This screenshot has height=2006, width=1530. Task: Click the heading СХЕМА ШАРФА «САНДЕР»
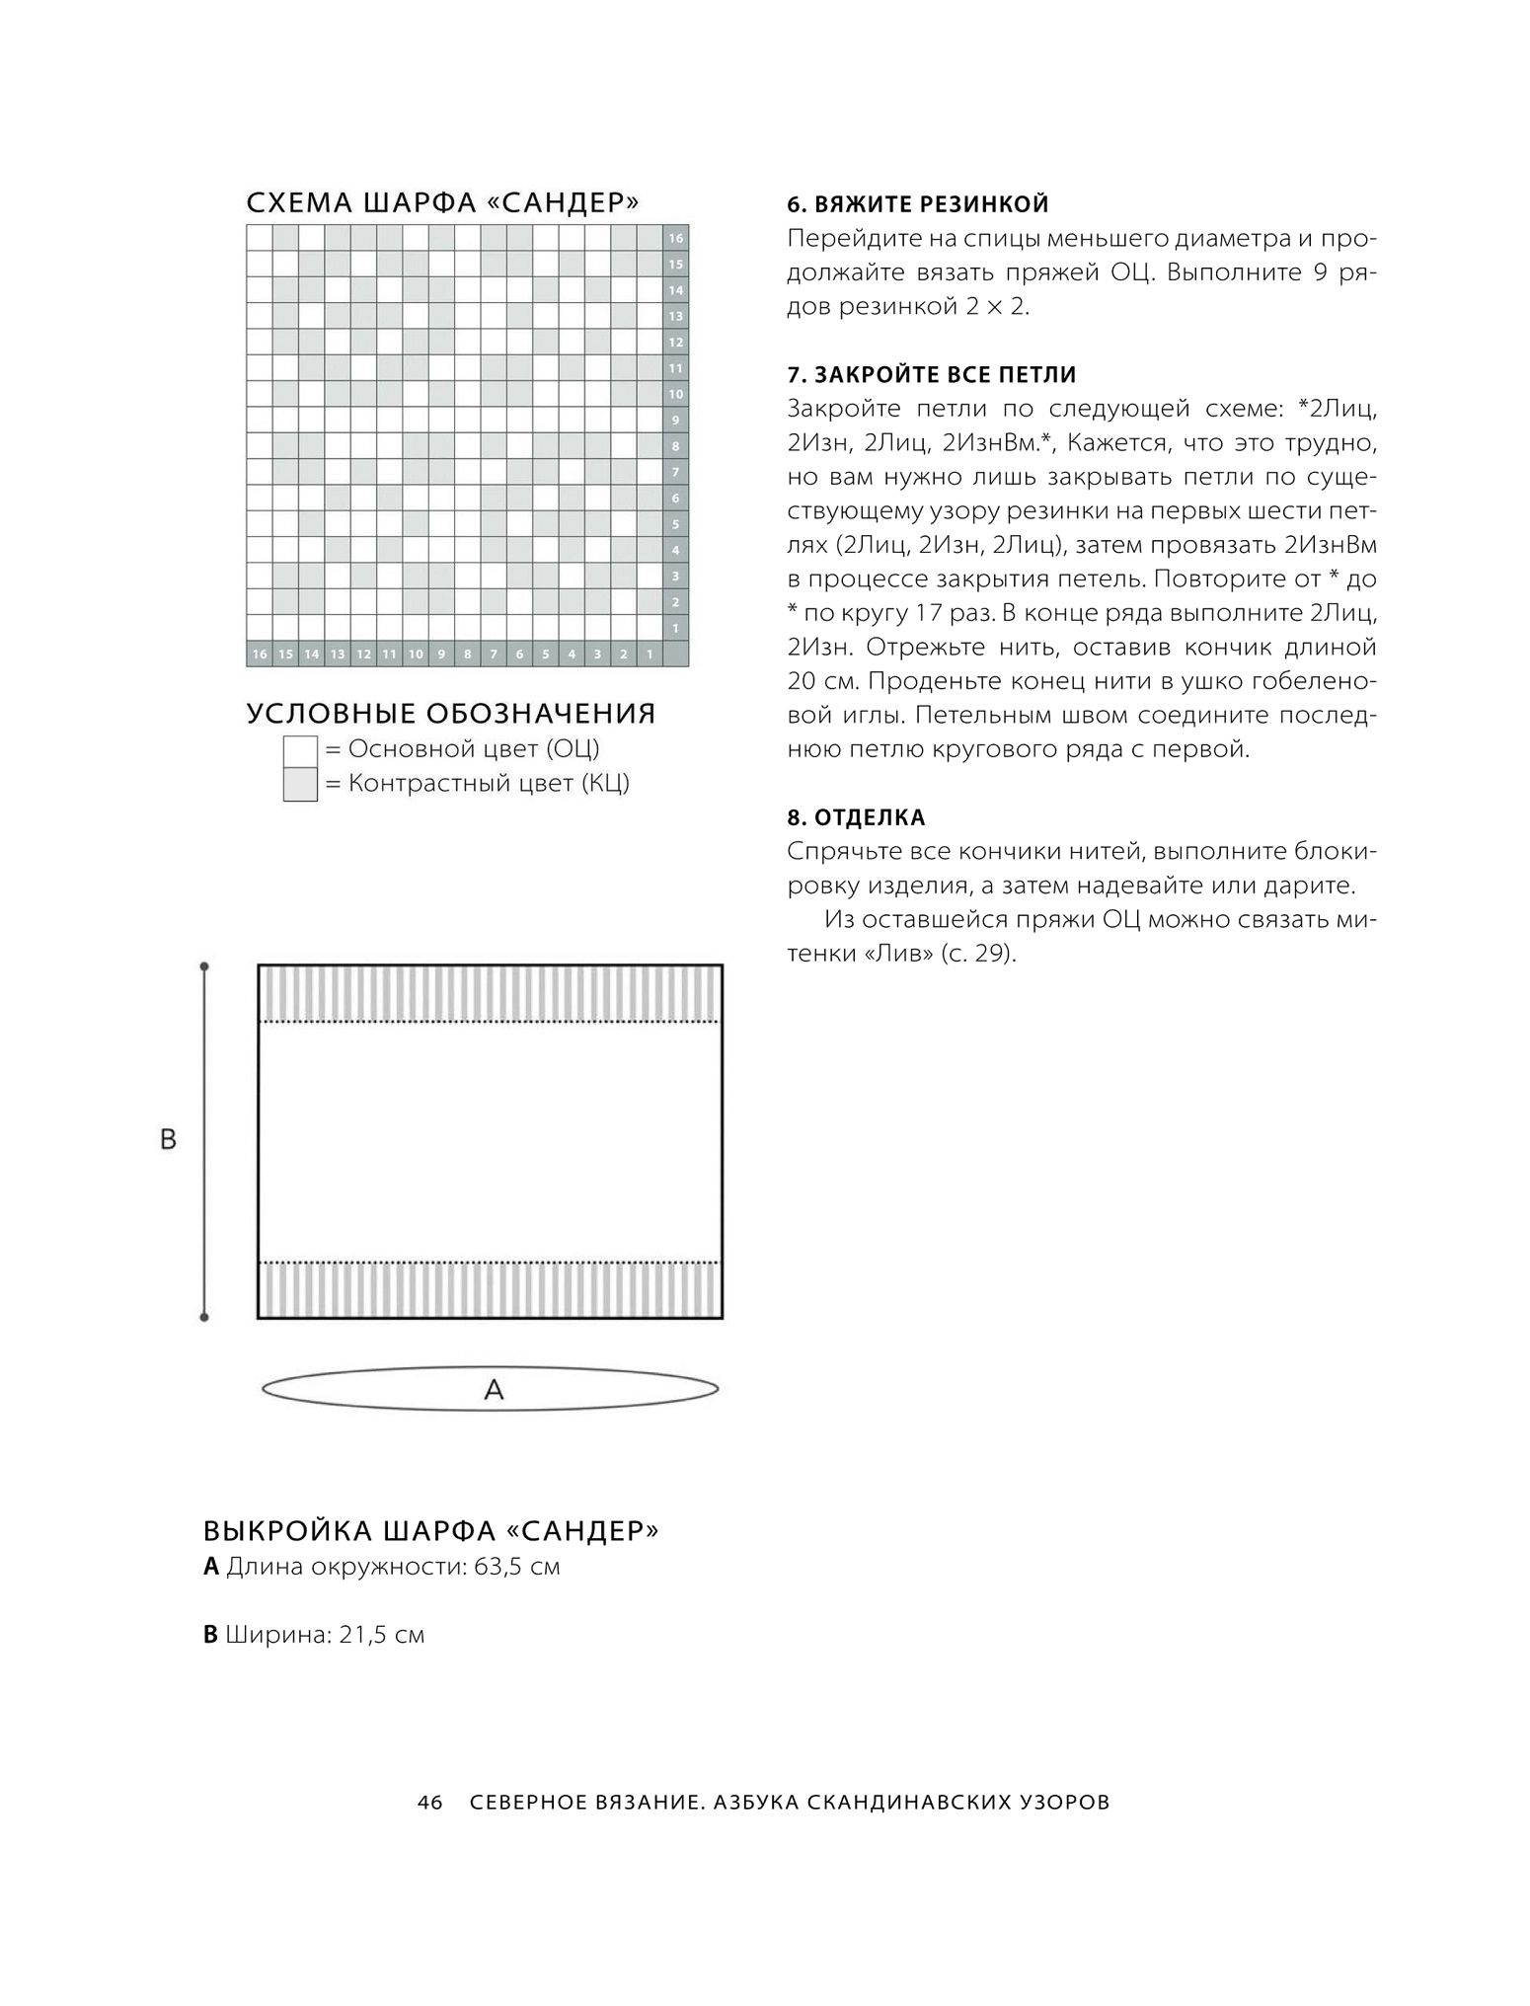pyautogui.click(x=442, y=203)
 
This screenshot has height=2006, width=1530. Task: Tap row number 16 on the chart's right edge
pyautogui.click(x=676, y=238)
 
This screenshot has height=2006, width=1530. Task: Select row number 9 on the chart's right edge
pyautogui.click(x=676, y=420)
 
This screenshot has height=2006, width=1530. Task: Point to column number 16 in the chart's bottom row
pyautogui.click(x=260, y=654)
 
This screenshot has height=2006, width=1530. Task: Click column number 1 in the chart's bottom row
pyautogui.click(x=650, y=654)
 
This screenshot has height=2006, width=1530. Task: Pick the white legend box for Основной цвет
pyautogui.click(x=300, y=750)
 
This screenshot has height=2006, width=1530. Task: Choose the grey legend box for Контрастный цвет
pyautogui.click(x=300, y=784)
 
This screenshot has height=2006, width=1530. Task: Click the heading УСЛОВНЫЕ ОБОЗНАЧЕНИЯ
pyautogui.click(x=451, y=714)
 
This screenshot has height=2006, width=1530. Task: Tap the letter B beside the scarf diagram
pyautogui.click(x=168, y=1139)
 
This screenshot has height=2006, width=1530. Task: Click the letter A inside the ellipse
pyautogui.click(x=494, y=1390)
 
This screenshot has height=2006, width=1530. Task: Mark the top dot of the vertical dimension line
pyautogui.click(x=204, y=966)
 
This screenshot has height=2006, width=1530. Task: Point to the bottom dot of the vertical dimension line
pyautogui.click(x=204, y=1317)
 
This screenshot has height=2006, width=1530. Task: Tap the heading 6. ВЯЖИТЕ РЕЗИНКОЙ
pyautogui.click(x=918, y=205)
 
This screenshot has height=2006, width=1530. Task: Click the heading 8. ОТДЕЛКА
pyautogui.click(x=857, y=817)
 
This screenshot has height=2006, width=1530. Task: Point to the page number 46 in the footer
pyautogui.click(x=429, y=1803)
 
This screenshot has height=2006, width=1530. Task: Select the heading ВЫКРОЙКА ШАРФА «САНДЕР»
pyautogui.click(x=431, y=1531)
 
